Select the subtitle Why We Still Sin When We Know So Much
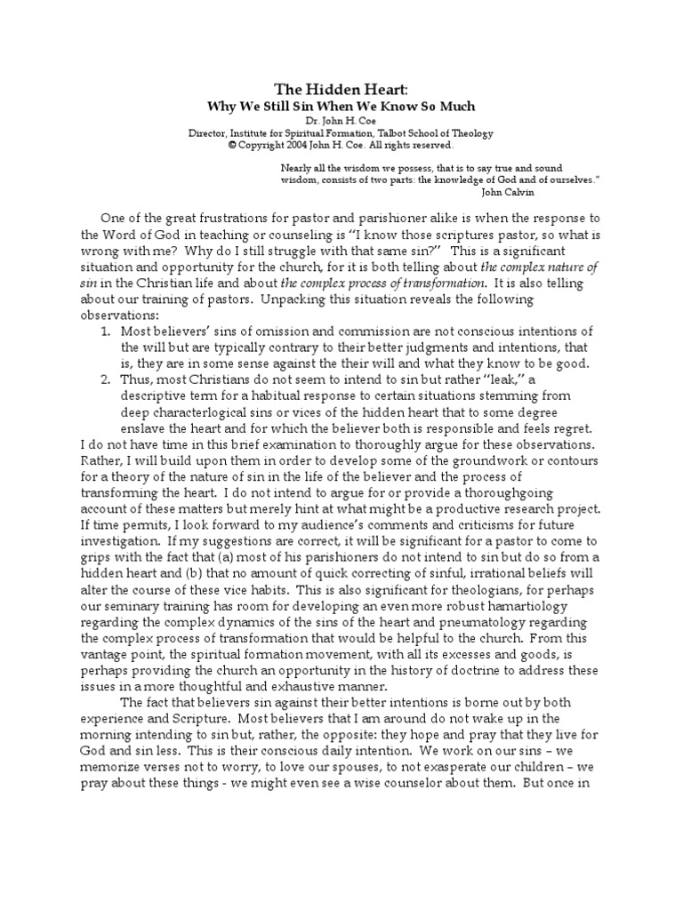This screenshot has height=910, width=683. [x=341, y=106]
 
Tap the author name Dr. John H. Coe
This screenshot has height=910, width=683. [x=341, y=120]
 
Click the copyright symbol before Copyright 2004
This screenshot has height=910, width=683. [x=232, y=145]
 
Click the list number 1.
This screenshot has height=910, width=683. [x=104, y=331]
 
